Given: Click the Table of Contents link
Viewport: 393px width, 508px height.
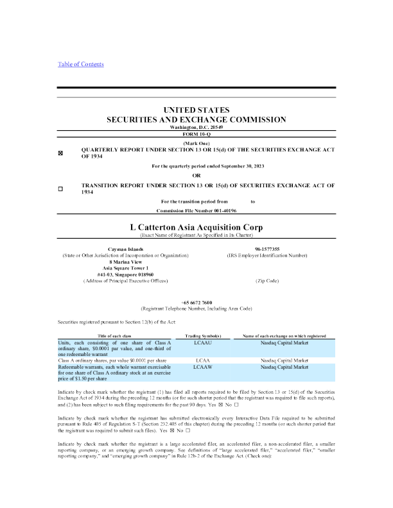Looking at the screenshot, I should (x=80, y=64).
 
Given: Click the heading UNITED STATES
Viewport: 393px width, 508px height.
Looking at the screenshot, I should (x=196, y=110).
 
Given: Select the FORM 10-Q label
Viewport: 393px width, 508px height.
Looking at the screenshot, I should (x=196, y=134).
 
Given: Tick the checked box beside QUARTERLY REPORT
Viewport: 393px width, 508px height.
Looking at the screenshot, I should (x=60, y=154).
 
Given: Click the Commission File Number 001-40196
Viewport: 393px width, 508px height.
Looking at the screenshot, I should (x=197, y=210).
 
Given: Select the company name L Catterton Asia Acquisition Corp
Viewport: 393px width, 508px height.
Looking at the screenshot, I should (x=196, y=227).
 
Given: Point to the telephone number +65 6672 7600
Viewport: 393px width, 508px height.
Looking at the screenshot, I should (x=196, y=302).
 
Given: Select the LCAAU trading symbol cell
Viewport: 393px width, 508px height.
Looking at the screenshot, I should (x=203, y=343).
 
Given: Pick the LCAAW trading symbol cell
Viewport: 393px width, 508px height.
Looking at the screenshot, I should (x=203, y=367).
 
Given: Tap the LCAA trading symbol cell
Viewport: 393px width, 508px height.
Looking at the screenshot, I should (x=203, y=360).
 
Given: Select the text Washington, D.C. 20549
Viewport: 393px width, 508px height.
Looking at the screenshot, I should (x=196, y=128).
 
